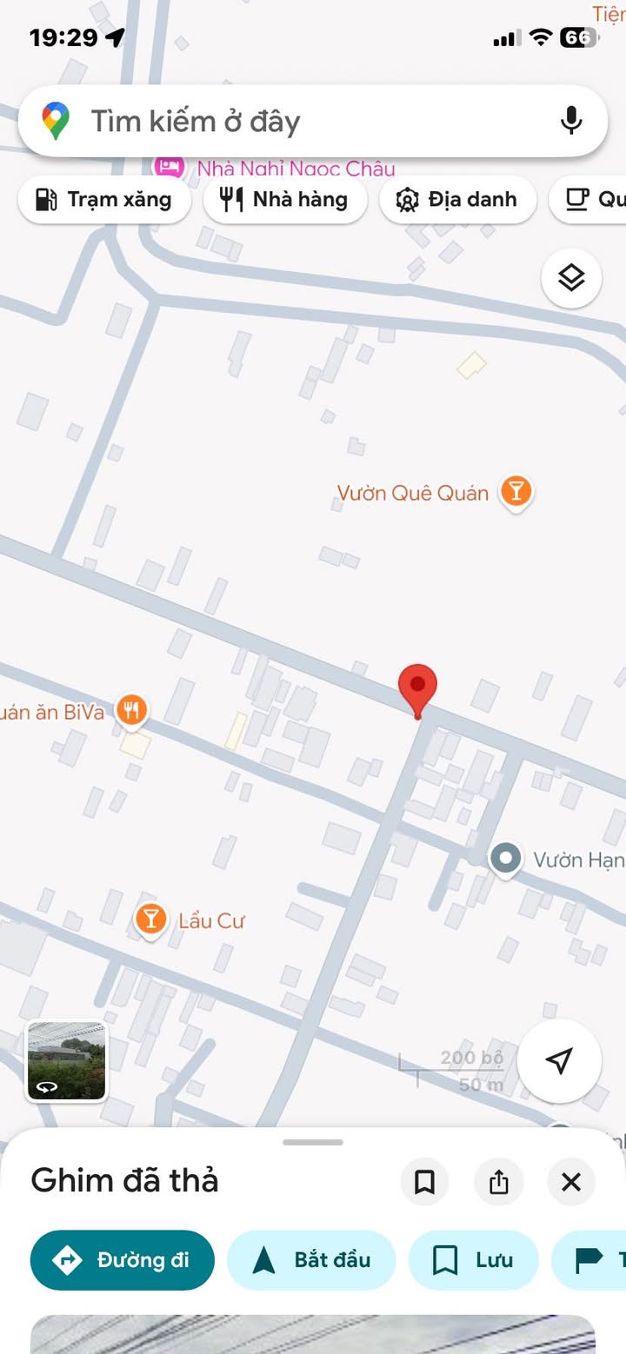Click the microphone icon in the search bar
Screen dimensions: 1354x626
571,121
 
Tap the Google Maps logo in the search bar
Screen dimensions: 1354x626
56,121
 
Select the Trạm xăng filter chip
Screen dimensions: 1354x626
103,200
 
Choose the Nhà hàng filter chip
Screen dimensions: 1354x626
284,200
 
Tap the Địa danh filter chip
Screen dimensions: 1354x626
457,200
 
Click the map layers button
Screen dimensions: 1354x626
571,279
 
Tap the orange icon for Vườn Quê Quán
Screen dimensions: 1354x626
516,492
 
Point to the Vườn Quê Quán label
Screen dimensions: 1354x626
413,494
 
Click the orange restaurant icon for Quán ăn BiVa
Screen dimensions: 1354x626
131,711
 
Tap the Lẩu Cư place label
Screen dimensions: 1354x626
211,921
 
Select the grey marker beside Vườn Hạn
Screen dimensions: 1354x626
505,859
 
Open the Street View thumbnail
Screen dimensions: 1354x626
67,1061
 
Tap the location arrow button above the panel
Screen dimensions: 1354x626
559,1061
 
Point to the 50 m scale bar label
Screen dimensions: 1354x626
481,1085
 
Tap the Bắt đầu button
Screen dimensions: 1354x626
311,1260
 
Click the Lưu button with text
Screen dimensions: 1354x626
473,1260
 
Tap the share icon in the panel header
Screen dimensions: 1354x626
498,1182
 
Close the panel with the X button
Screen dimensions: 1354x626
571,1182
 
